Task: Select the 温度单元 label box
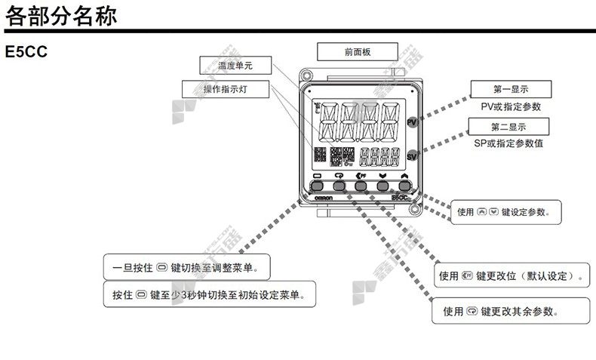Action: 235,66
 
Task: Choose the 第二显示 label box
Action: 508,127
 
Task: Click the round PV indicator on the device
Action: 412,122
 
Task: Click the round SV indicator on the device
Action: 412,155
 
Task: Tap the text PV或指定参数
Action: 510,107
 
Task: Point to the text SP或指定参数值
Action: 508,143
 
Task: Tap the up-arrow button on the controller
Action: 404,184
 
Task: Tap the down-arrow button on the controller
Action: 382,184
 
